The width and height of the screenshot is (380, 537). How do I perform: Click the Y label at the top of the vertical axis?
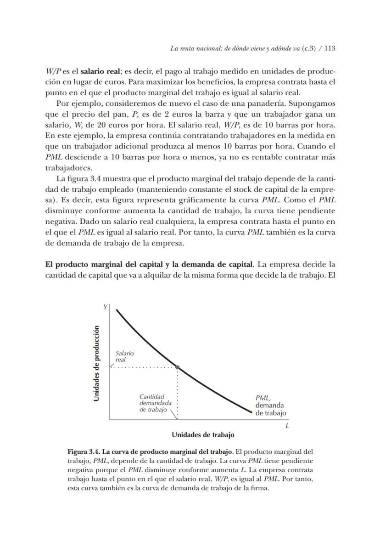coord(105,307)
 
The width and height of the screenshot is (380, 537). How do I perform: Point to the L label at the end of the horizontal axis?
coord(287,426)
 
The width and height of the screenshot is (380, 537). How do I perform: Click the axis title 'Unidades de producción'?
coord(96,363)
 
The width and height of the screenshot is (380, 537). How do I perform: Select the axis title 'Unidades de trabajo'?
coord(203,434)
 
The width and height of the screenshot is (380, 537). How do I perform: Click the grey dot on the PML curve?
coord(178,367)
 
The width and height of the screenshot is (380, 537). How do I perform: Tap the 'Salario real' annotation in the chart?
coord(124,356)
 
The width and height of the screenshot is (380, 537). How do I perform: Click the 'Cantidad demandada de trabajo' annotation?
coord(155,403)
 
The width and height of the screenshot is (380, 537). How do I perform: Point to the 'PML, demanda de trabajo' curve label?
coord(270,406)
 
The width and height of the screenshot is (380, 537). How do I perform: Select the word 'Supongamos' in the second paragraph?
coord(314,103)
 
